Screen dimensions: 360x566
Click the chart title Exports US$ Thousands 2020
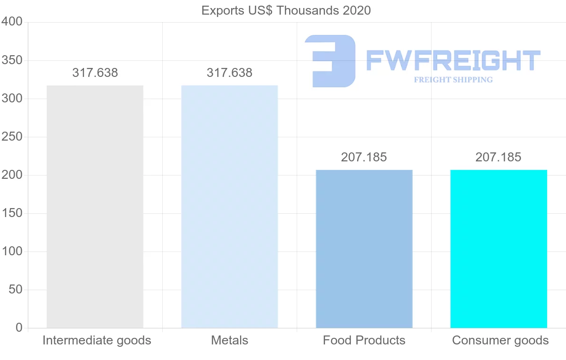pyautogui.click(x=286, y=10)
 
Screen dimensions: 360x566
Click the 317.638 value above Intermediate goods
pyautogui.click(x=95, y=73)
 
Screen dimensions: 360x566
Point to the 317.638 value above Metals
pyautogui.click(x=229, y=73)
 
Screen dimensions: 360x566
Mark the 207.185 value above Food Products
pyautogui.click(x=364, y=157)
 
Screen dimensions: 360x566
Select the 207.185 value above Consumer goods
pyautogui.click(x=498, y=157)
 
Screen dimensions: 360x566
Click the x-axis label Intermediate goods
pyautogui.click(x=97, y=340)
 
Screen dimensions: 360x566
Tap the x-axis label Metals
pyautogui.click(x=229, y=340)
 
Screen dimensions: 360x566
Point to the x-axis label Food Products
pyautogui.click(x=364, y=340)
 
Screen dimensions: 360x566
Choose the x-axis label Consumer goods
pyautogui.click(x=500, y=340)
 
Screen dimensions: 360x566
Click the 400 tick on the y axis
pyautogui.click(x=12, y=22)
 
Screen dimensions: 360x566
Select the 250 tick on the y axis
pyautogui.click(x=12, y=137)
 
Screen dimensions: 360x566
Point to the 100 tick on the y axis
pyautogui.click(x=12, y=251)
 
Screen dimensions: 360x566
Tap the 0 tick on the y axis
pyautogui.click(x=19, y=327)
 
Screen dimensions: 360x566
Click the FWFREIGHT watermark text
pyautogui.click(x=453, y=60)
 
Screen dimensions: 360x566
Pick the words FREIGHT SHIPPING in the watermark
pyautogui.click(x=453, y=80)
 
